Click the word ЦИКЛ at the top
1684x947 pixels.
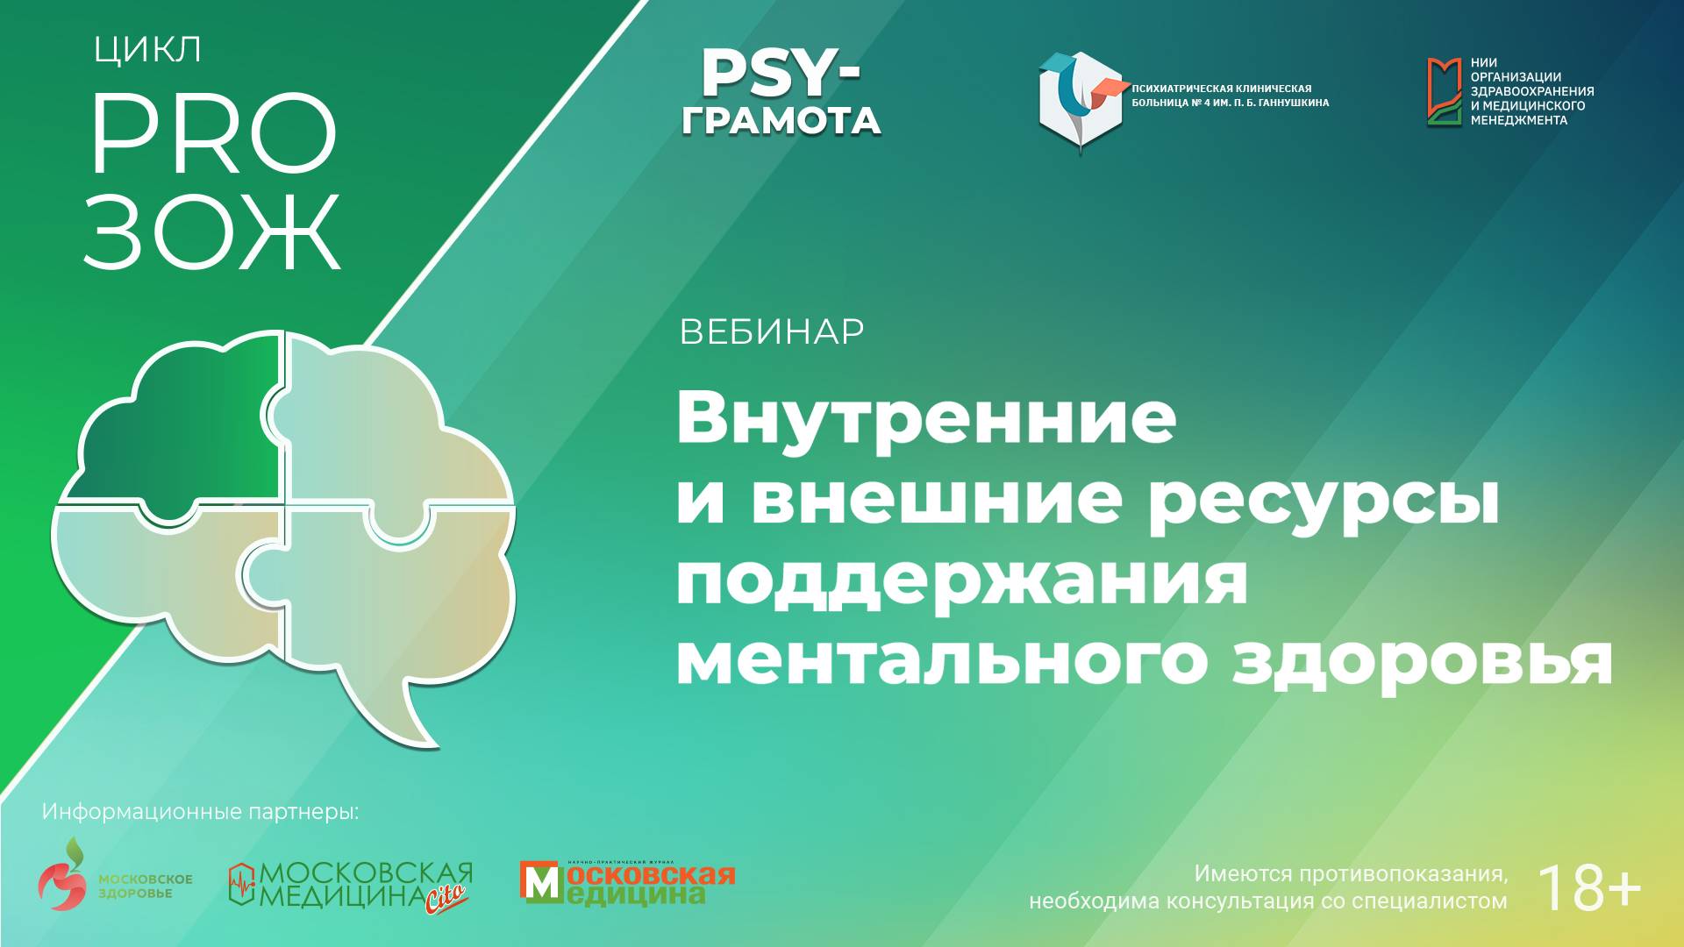pos(147,51)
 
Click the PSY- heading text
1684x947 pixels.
pos(780,74)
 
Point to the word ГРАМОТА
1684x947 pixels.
pos(781,121)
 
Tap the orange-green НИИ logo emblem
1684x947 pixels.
pos(1444,92)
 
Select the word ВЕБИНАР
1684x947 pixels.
pos(772,332)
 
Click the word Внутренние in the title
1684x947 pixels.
pos(925,417)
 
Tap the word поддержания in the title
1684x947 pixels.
pos(961,581)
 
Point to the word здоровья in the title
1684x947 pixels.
pos(1422,661)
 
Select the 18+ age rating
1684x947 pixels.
pos(1588,887)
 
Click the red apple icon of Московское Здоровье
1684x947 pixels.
pos(63,881)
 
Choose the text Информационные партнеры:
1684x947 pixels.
pos(200,812)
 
